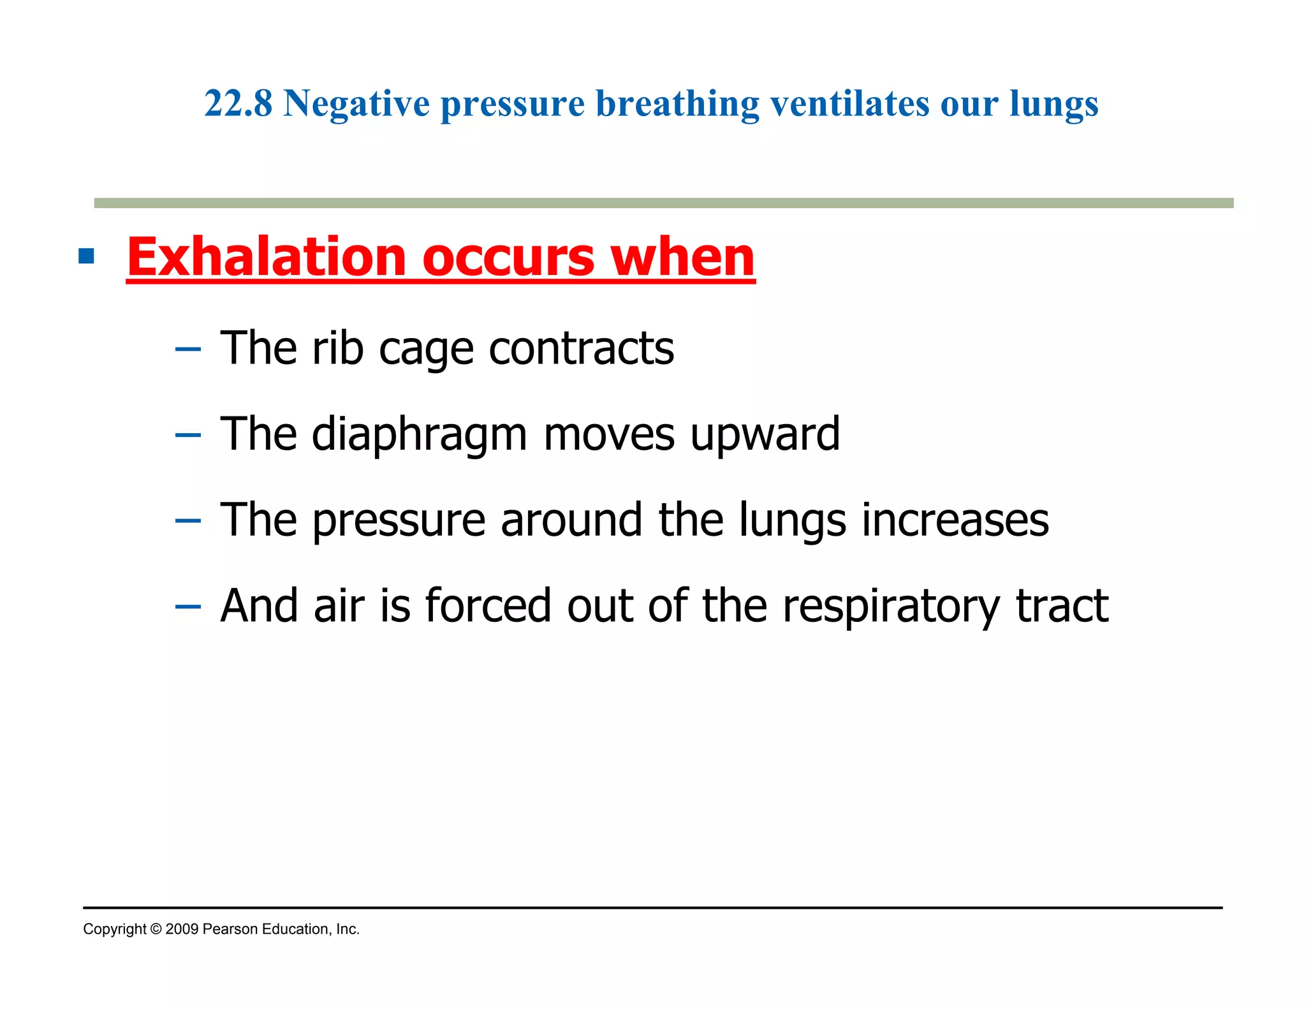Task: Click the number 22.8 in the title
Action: pyautogui.click(x=238, y=103)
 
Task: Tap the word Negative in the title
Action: pyautogui.click(x=356, y=103)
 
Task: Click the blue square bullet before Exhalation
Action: pyautogui.click(x=86, y=256)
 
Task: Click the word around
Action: pyautogui.click(x=571, y=520)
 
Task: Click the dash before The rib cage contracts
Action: pyautogui.click(x=187, y=350)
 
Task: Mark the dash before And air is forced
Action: pyautogui.click(x=187, y=607)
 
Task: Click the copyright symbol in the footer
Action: pyautogui.click(x=156, y=929)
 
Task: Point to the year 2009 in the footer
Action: pyautogui.click(x=182, y=929)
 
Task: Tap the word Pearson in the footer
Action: pyautogui.click(x=230, y=929)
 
